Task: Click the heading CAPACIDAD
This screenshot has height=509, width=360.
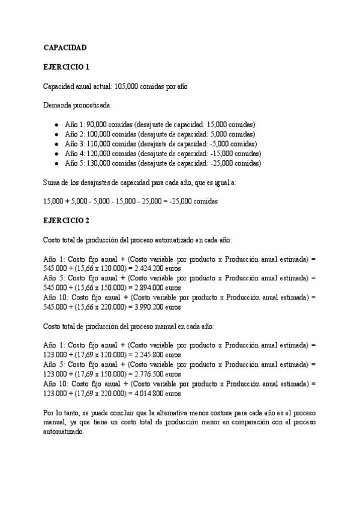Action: coord(65,47)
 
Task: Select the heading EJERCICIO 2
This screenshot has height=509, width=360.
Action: coord(66,220)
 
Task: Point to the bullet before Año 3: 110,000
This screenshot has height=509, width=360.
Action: coord(56,144)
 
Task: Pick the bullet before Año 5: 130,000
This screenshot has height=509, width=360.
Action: coord(56,163)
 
